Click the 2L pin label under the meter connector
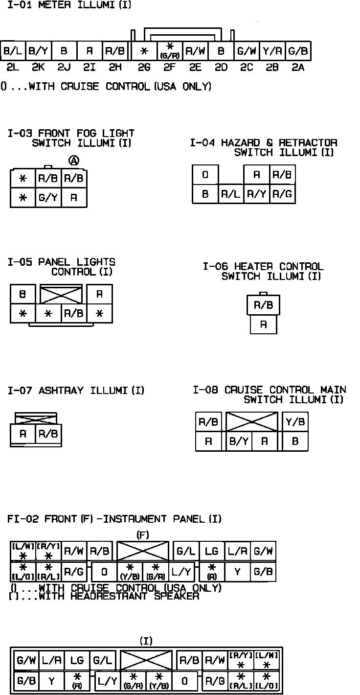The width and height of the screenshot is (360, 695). click(13, 68)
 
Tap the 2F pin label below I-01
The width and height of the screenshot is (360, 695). click(170, 68)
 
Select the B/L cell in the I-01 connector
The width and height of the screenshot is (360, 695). click(13, 50)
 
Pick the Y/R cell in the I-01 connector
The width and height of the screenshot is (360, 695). click(271, 50)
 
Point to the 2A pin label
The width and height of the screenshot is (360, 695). click(297, 68)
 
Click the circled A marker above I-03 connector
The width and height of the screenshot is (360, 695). click(74, 161)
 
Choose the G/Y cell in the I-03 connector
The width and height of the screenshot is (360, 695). click(48, 198)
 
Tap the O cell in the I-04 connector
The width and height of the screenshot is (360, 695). click(205, 175)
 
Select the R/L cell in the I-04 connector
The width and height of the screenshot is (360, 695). click(230, 194)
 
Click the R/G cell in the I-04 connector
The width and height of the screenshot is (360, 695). click(282, 194)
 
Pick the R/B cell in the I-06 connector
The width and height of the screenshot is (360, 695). click(263, 305)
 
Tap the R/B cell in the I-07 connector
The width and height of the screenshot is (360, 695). click(48, 434)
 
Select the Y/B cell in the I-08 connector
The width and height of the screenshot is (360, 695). click(295, 422)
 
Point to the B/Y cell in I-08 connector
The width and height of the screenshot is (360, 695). click(239, 441)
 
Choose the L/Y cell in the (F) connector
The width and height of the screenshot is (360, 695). click(181, 571)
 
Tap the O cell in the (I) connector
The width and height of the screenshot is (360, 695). click(184, 681)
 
